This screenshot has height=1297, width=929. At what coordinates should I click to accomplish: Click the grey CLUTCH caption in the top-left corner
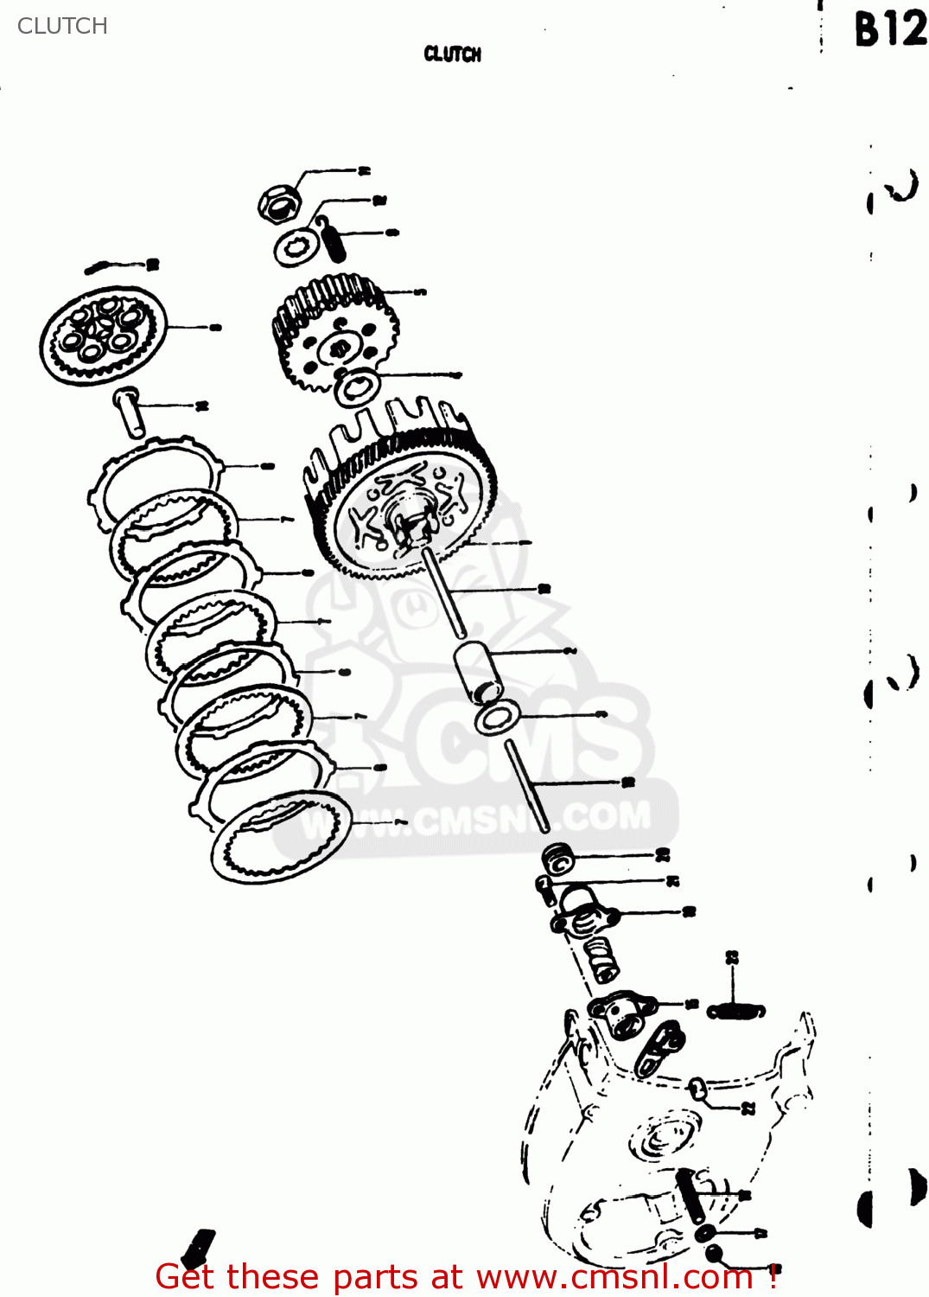(x=62, y=26)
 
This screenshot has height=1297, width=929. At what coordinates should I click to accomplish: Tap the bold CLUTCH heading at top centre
(x=452, y=54)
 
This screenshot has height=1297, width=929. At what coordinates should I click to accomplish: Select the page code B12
(x=889, y=29)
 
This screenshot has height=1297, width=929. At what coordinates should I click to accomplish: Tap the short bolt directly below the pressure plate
(x=129, y=412)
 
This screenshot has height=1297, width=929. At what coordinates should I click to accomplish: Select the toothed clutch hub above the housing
(x=335, y=333)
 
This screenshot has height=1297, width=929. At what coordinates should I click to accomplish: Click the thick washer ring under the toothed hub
(x=356, y=387)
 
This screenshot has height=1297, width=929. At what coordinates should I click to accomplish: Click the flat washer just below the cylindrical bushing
(x=496, y=719)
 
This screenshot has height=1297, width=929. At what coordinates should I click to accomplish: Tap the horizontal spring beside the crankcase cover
(x=735, y=1011)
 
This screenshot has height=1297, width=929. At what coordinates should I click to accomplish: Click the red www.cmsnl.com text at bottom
(x=467, y=1277)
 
